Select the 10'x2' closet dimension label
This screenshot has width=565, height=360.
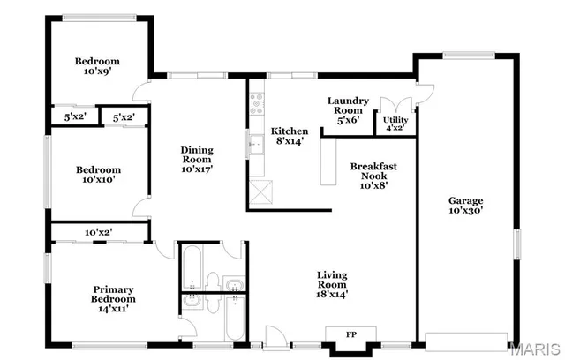tap(98, 232)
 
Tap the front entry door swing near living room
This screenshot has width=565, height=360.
tap(275, 335)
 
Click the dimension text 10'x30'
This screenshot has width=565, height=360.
tap(465, 211)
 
